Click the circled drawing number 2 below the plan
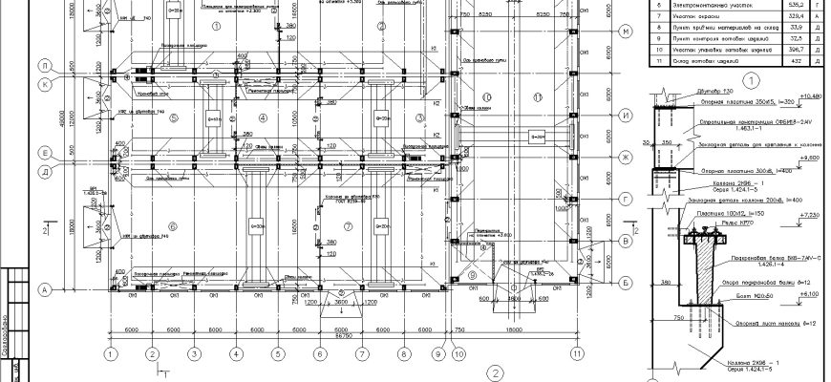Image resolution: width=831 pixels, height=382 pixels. click(x=495, y=372)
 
